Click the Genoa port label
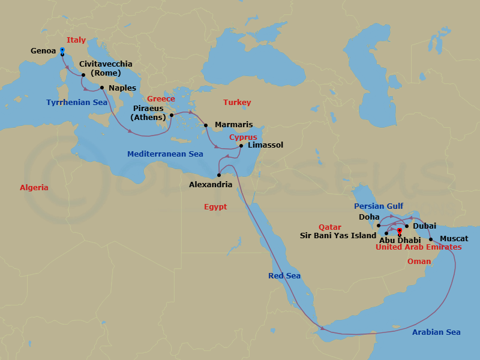click(43, 51)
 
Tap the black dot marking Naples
click(102, 88)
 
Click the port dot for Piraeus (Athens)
click(171, 115)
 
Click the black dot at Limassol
click(241, 145)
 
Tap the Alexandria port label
click(210, 185)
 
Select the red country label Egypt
click(215, 206)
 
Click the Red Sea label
click(284, 275)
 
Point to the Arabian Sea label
click(436, 332)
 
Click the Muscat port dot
click(431, 239)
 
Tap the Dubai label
click(424, 226)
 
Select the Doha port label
click(368, 217)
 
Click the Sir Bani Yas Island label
click(338, 236)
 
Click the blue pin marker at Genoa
click(62, 51)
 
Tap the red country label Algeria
click(34, 188)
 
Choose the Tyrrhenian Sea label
click(77, 103)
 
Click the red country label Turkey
click(236, 103)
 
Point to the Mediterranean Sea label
click(165, 154)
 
